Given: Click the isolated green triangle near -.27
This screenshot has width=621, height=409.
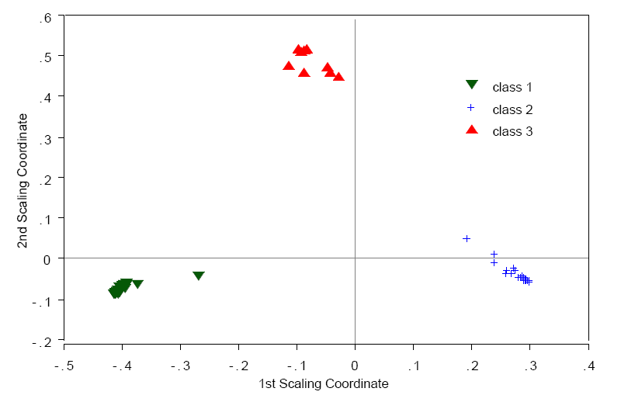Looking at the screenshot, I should (x=199, y=276).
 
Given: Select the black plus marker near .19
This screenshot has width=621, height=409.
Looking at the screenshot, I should (x=467, y=238).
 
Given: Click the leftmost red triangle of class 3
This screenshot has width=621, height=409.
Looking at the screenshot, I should (x=289, y=66).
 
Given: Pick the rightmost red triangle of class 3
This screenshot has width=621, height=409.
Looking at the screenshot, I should (x=338, y=76).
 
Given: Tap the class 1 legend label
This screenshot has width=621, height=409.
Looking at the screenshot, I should (x=512, y=87).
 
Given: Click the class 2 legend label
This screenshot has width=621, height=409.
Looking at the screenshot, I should (x=512, y=109).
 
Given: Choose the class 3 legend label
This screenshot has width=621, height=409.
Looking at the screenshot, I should (x=512, y=131).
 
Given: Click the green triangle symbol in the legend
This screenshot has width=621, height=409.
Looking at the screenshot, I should (x=471, y=85).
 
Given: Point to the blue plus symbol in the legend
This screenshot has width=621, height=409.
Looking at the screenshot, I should (x=470, y=108).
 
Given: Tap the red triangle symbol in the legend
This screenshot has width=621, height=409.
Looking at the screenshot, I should (x=471, y=129).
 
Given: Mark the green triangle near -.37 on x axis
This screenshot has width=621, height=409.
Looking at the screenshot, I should (x=137, y=284).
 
